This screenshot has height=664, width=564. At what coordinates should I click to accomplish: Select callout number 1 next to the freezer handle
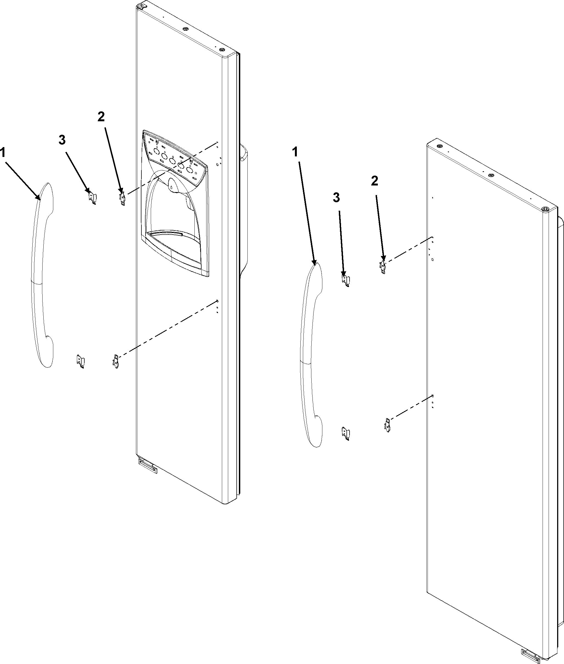pyautogui.click(x=3, y=153)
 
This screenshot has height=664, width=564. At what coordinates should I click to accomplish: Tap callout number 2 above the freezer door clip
pyautogui.click(x=101, y=117)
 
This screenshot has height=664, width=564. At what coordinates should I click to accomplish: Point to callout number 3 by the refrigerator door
pyautogui.click(x=336, y=198)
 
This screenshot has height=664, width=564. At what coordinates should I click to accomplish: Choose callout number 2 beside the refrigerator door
pyautogui.click(x=375, y=181)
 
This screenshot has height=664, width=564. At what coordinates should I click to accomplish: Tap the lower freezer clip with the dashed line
pyautogui.click(x=116, y=361)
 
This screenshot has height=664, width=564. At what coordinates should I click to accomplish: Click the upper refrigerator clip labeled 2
pyautogui.click(x=383, y=266)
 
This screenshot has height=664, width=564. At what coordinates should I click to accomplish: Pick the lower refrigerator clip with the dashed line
pyautogui.click(x=387, y=426)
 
